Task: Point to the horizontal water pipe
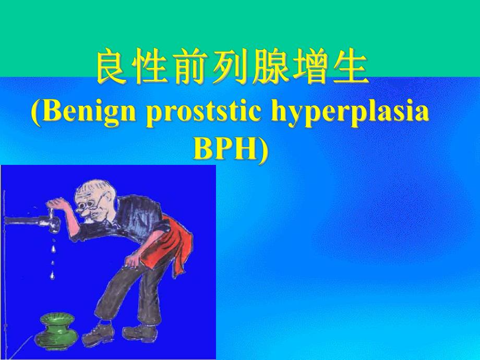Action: click(x=23, y=219)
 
